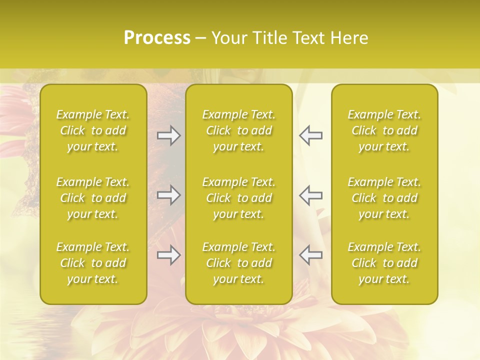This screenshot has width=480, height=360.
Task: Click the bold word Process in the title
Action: [157, 38]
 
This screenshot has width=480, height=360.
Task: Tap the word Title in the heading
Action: [268, 38]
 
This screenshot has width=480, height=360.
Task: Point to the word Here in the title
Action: [349, 38]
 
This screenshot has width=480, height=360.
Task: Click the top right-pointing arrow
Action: [168, 135]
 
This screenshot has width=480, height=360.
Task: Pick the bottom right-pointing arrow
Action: [168, 255]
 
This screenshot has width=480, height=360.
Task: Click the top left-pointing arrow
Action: [311, 135]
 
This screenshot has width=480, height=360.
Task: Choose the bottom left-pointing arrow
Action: [311, 255]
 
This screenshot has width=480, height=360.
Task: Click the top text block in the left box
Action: [93, 130]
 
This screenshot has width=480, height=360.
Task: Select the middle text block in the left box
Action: [93, 198]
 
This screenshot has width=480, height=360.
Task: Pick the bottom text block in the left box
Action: [93, 263]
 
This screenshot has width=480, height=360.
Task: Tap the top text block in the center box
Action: [239, 130]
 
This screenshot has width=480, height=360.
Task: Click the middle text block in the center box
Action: [239, 198]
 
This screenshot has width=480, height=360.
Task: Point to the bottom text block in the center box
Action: [239, 263]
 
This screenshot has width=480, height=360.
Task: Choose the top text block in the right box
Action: [384, 130]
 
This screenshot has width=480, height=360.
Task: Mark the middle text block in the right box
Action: [384, 198]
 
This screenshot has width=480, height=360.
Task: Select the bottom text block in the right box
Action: [384, 263]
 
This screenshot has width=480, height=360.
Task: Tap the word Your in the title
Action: [227, 38]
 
